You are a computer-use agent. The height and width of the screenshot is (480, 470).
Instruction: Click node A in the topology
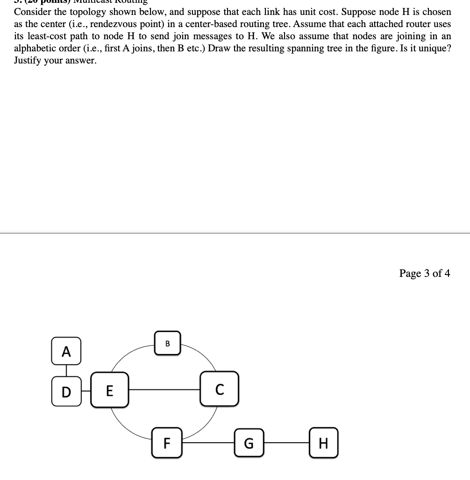pos(66,352)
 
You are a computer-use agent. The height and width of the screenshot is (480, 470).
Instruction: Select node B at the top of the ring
pos(168,343)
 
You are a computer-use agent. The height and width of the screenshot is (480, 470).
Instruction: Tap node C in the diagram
pos(220,388)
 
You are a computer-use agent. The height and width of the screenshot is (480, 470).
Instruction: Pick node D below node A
pos(66,391)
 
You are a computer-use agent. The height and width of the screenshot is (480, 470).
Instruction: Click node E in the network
pos(109,390)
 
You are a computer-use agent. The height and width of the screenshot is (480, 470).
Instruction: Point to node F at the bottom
pos(167,443)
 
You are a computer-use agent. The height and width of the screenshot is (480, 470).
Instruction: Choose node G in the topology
pos(249,443)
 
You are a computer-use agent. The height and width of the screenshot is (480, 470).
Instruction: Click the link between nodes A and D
pos(66,371)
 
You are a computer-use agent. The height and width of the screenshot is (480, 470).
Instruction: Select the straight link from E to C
pos(164,389)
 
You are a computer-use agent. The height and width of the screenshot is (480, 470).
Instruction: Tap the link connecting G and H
pos(286,443)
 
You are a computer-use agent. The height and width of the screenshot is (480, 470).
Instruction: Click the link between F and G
pos(208,442)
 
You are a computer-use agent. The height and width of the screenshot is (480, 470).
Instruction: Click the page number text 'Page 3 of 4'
pos(425,273)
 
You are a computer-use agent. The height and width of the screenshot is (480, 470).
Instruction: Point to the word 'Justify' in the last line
pos(28,60)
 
